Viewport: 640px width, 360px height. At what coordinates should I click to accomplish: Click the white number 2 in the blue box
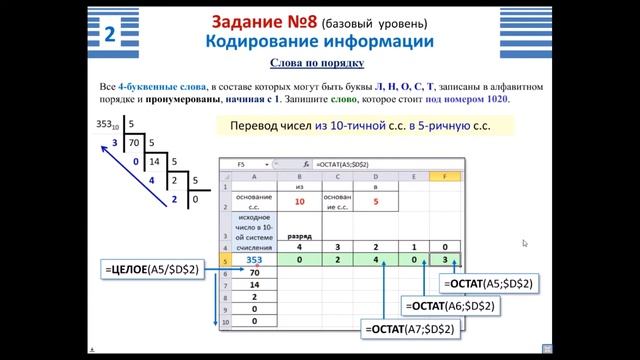click(x=109, y=34)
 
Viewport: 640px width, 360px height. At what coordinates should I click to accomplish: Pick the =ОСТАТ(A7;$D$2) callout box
click(x=410, y=328)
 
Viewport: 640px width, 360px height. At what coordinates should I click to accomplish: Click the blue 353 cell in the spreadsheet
click(x=253, y=258)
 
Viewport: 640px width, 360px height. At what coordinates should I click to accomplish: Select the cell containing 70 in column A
click(x=254, y=272)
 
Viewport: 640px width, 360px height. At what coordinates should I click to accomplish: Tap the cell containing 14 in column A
click(x=254, y=284)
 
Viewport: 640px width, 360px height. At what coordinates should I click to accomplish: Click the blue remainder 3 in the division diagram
click(x=115, y=143)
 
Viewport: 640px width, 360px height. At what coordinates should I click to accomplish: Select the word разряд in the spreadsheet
click(x=299, y=237)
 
